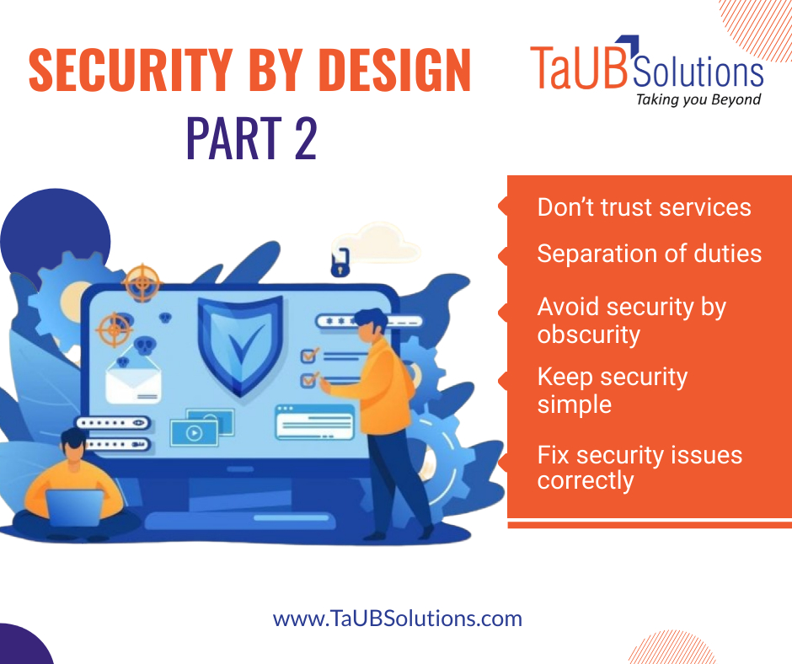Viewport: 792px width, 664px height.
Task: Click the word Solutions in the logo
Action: click(x=697, y=72)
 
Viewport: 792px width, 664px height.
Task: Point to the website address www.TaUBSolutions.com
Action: click(x=397, y=619)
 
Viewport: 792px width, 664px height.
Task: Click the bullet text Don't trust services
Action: click(x=644, y=207)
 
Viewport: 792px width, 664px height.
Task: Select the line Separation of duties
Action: click(x=649, y=254)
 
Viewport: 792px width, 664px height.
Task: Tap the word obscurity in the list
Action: click(x=588, y=335)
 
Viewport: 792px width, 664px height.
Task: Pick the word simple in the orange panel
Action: click(x=574, y=404)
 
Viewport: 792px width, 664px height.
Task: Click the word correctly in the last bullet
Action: click(x=585, y=481)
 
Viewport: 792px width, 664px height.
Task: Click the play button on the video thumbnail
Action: click(x=194, y=433)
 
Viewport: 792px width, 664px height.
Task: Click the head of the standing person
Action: click(x=370, y=322)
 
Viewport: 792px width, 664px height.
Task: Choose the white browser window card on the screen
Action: click(x=314, y=421)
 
